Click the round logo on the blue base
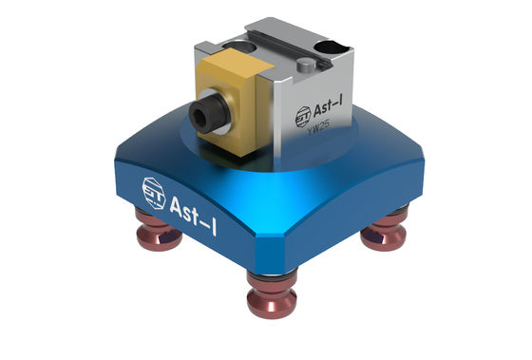pyautogui.click(x=152, y=188)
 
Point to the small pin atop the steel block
pyautogui.click(x=306, y=66)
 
